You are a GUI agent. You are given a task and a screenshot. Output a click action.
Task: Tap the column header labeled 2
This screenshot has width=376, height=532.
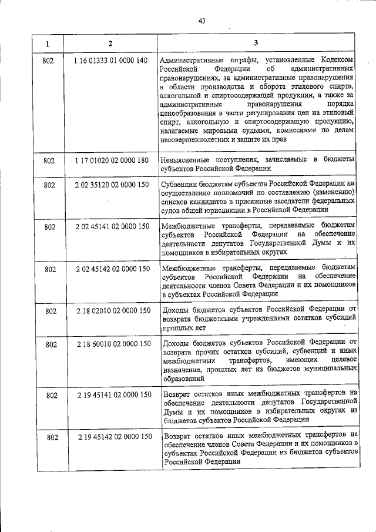(110, 44)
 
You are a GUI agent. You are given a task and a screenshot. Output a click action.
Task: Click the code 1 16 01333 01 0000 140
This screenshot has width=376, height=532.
(111, 60)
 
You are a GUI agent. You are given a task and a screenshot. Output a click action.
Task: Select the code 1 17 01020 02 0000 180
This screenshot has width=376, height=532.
(111, 159)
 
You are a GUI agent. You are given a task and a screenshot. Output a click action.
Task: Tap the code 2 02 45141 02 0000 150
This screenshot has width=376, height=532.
(112, 226)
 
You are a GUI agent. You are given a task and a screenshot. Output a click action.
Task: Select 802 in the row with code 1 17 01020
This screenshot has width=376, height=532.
(50, 160)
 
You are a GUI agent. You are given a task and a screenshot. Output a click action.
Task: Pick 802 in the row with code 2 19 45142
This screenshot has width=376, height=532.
(52, 437)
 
